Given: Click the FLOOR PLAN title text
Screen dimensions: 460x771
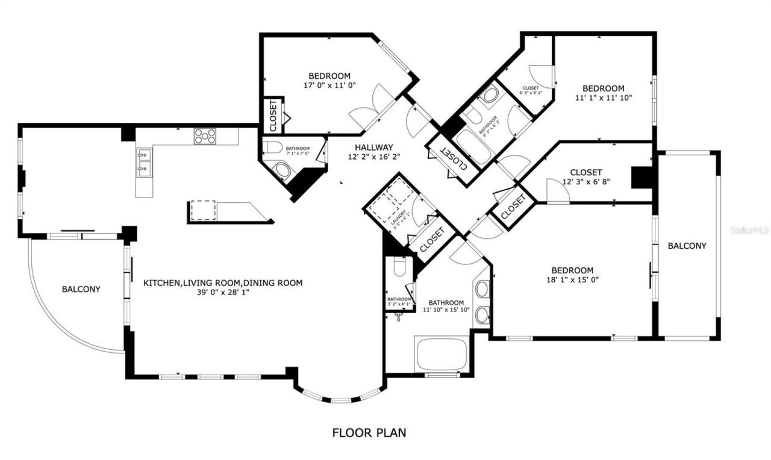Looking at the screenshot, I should point(369,432).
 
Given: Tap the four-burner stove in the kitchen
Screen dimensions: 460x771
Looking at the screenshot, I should point(205,137).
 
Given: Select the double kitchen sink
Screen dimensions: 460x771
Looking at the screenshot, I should point(143,162).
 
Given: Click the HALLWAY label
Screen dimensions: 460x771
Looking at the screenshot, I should point(373,148).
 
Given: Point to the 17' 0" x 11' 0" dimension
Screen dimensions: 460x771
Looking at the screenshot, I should point(329,85).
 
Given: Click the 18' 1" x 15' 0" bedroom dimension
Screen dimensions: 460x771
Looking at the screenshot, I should point(572,279).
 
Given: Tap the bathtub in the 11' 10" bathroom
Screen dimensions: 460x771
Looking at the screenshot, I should point(441,355).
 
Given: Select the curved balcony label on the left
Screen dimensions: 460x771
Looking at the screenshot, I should point(81,289).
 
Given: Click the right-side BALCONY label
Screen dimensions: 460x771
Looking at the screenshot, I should point(687,246).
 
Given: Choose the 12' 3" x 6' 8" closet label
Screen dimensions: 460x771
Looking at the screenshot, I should point(585,181).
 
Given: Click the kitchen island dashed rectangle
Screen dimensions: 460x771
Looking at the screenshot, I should point(203,210).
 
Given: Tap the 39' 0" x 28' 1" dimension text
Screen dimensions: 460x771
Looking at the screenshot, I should point(222,291).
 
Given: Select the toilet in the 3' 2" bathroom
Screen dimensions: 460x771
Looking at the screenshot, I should point(398,267).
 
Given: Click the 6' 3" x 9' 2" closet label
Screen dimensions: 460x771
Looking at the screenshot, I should point(531,90).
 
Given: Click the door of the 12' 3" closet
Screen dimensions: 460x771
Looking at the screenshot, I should point(558,192).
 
